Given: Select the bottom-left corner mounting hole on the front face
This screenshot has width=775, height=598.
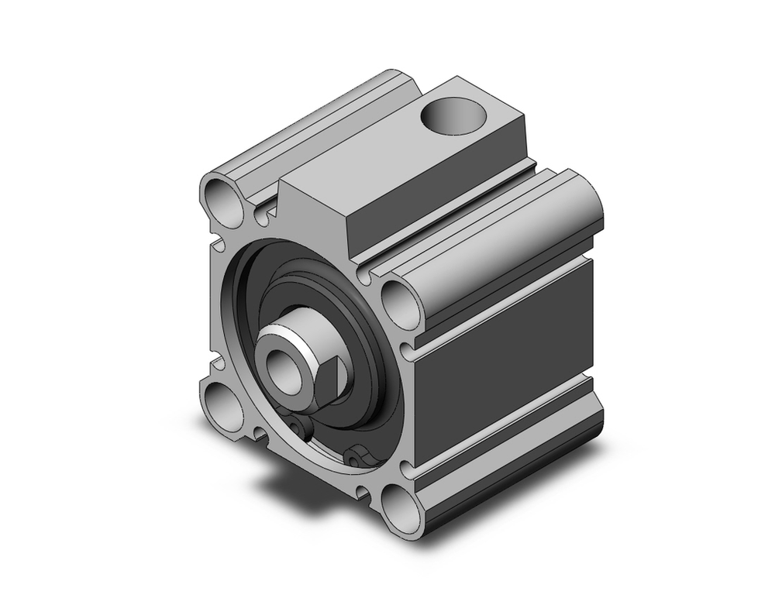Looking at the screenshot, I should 222,401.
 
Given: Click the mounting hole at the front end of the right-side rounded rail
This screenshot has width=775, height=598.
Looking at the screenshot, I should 401,303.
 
